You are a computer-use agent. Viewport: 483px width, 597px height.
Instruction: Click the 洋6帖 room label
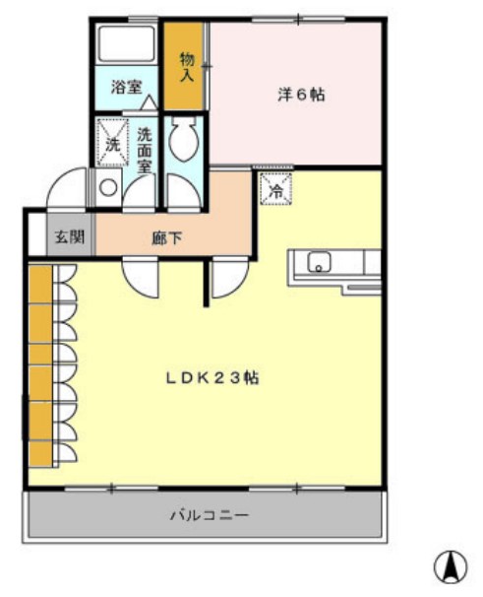[300, 96]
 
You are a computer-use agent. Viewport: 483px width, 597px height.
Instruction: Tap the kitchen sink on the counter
[320, 263]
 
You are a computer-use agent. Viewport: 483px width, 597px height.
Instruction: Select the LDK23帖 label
[211, 376]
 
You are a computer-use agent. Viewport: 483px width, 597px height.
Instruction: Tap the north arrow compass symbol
[451, 565]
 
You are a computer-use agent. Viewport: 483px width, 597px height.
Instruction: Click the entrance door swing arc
[69, 189]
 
